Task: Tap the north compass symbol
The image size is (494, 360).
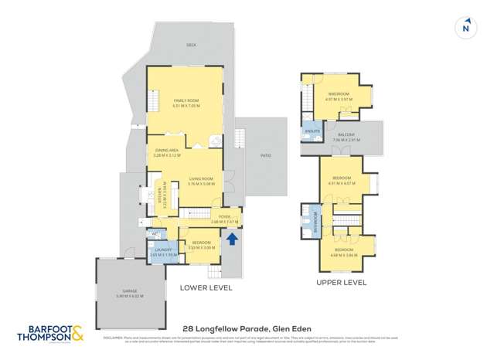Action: click(465, 27)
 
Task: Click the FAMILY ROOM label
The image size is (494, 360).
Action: click(186, 102)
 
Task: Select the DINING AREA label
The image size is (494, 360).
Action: click(168, 152)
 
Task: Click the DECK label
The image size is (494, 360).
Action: click(190, 46)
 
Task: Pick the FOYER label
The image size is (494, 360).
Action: click(225, 219)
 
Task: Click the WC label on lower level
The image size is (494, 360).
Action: click(155, 233)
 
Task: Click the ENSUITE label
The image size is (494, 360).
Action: click(312, 131)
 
